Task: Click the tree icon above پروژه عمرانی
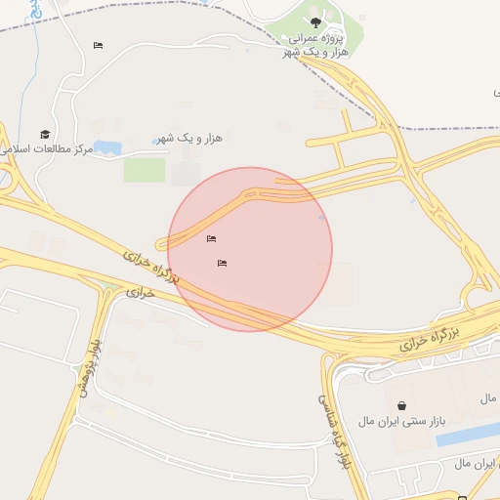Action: (314, 21)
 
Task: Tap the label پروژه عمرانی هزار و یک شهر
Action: (314, 44)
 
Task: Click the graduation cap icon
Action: (45, 134)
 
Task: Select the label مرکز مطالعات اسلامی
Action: (47, 149)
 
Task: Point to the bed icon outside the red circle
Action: (98, 45)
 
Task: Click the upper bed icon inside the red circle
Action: (212, 238)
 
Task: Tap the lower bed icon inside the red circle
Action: (223, 263)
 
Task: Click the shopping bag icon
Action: (401, 404)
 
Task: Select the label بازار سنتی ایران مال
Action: (401, 421)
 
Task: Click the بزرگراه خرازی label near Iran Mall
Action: (429, 339)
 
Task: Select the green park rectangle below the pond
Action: (145, 170)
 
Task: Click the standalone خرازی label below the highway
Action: (141, 292)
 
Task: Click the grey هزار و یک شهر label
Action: (190, 138)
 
